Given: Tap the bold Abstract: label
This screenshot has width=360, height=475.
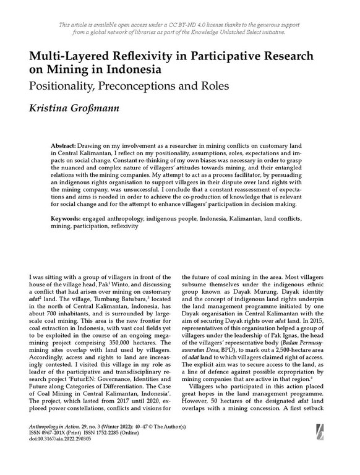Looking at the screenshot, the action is (66, 143).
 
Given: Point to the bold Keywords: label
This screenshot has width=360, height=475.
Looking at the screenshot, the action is (67, 219).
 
